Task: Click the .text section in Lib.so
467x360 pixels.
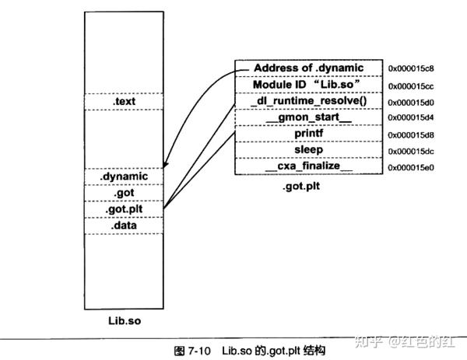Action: click(x=125, y=102)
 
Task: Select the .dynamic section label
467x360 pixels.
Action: click(x=125, y=177)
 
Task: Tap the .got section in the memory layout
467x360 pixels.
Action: click(x=125, y=194)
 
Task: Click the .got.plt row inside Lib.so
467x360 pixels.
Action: click(x=125, y=210)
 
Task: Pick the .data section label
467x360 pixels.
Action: click(x=125, y=225)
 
